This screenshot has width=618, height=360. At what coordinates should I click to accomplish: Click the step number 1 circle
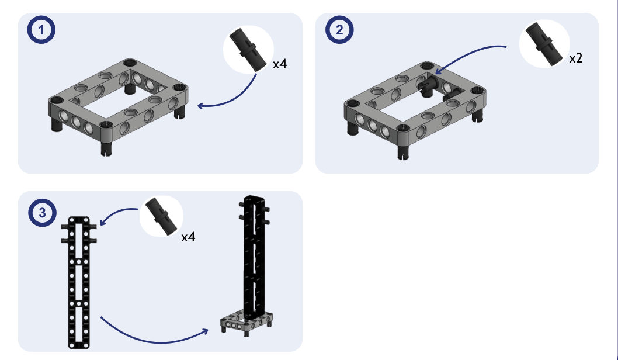[x=41, y=30]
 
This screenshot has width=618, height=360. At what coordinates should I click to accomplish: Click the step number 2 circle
[x=339, y=30]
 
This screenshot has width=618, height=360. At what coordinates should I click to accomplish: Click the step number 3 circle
[x=43, y=213]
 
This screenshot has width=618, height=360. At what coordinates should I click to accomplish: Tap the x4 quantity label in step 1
[x=280, y=64]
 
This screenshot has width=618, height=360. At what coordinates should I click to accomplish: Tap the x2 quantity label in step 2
[x=576, y=58]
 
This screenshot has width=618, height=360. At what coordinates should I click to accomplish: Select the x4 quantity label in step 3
[x=189, y=237]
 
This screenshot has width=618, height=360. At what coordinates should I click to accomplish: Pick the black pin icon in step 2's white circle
[x=544, y=43]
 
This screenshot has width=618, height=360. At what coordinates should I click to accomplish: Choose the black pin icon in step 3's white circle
[x=162, y=216]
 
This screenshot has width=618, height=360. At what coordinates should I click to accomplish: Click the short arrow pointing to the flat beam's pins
[x=116, y=213]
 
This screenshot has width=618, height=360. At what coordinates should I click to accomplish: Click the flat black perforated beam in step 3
[x=79, y=283]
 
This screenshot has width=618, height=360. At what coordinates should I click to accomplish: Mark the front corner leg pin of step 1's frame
[x=105, y=148]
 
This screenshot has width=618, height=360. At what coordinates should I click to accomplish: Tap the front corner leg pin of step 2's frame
[x=402, y=151]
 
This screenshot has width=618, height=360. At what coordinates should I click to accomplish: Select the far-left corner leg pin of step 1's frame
[x=56, y=125]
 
